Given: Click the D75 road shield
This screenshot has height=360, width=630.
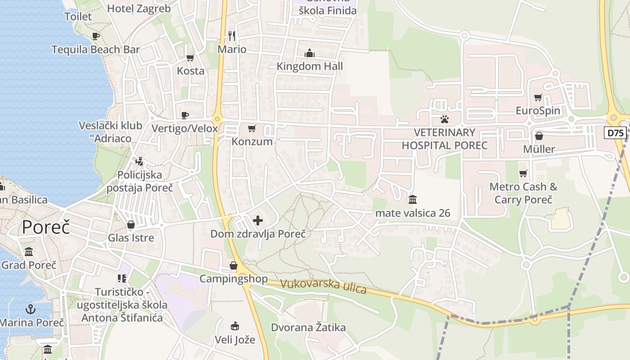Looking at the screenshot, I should coord(615,133).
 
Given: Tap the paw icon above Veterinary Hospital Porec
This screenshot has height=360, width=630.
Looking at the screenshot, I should coord(445,119).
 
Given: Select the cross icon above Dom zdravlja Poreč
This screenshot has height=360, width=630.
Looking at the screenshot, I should coord(258,220).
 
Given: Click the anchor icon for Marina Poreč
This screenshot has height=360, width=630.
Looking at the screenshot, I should coord(31,309).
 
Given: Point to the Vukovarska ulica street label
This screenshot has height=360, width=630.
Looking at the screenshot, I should coord(323,287).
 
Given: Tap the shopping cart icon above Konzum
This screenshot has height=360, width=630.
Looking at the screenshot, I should coord(252,129).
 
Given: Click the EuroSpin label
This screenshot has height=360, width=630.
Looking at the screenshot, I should coord(538,111).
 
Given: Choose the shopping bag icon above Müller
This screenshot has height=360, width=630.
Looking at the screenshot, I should coord(539,136).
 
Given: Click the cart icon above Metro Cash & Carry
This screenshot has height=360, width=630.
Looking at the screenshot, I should coord(523,173).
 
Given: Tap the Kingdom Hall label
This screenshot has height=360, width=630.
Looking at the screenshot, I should coord(310,67).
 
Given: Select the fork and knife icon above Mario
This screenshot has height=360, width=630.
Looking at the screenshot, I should coord(232,36).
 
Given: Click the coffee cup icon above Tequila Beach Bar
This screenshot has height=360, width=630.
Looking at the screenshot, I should coord(95,36).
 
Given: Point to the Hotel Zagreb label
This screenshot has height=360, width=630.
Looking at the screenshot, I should coord(139,9).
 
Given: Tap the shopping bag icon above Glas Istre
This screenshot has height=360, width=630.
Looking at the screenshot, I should coord(131,224).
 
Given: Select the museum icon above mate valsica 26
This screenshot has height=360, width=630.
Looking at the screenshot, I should coord(413,199).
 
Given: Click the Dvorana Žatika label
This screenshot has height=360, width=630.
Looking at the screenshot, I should coord(308,327).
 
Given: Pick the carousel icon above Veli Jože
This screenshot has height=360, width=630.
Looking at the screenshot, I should coord(234,326).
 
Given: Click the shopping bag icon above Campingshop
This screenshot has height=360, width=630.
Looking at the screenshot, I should coord(233,265).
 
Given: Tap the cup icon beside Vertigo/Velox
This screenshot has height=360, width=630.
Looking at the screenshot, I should coord(184,115).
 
